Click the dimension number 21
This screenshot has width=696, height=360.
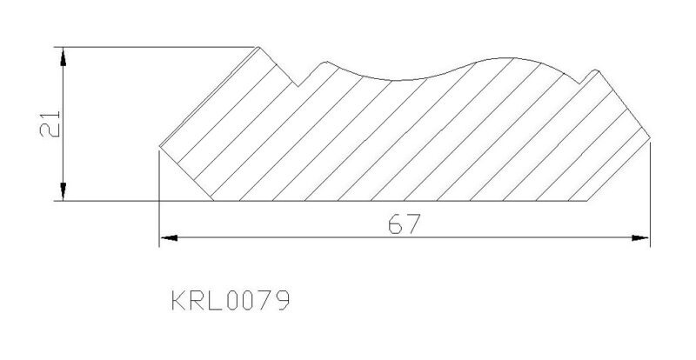(x=50, y=123)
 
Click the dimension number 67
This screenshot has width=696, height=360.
(x=404, y=223)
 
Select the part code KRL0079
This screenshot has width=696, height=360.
(x=231, y=301)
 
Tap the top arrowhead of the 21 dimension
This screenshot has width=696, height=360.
(x=63, y=57)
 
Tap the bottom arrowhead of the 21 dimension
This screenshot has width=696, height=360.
(x=63, y=191)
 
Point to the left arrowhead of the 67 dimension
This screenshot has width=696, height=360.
(x=169, y=238)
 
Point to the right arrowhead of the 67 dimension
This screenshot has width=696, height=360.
(x=640, y=238)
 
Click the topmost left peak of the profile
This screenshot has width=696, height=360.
(x=258, y=47)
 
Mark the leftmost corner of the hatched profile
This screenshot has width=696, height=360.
(x=160, y=145)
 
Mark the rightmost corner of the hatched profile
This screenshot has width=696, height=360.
(x=650, y=138)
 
